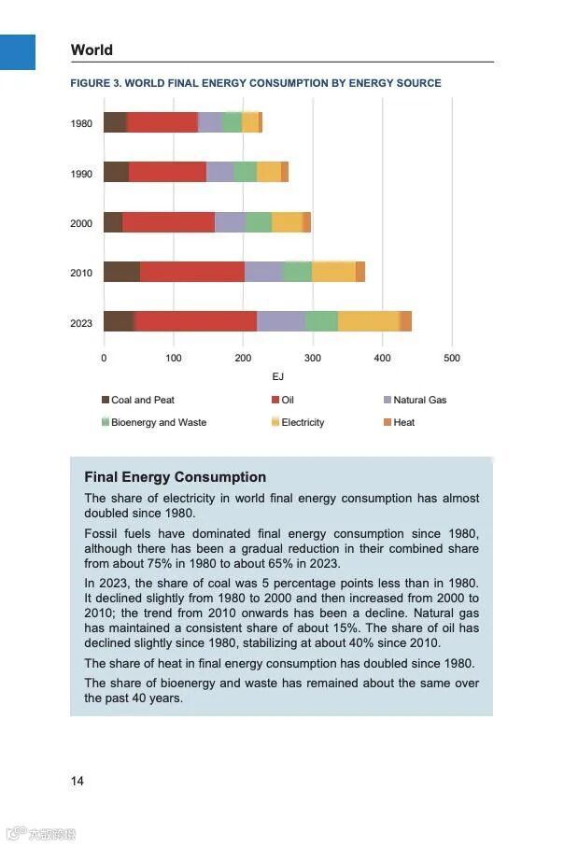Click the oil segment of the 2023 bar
coord(196,321)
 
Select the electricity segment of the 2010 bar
coord(333,272)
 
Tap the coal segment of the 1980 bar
coord(115,122)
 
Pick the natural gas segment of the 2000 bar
coord(230,222)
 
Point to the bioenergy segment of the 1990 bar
coord(245,172)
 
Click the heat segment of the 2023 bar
coord(405,321)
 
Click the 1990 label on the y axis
coord(81,174)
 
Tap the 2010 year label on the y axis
coord(81,274)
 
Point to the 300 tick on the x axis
coord(313,358)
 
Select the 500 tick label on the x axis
coord(452,358)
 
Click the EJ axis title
coord(278,376)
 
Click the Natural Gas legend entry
coord(419,400)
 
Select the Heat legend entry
coord(403,422)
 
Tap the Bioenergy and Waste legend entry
coord(158,422)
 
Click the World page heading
coord(92,50)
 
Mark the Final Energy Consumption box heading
coord(175,477)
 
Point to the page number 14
coord(77,781)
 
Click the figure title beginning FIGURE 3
coord(256,83)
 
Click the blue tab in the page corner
coord(17,51)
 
